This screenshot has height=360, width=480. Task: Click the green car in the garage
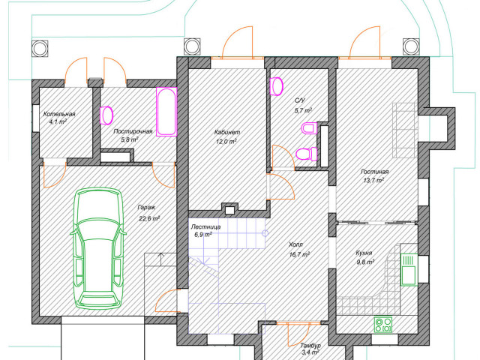(98, 248)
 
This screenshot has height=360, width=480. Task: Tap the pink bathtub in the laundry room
(166, 112)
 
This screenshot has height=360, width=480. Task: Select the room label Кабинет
(227, 132)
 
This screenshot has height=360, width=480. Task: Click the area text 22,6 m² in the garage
(149, 218)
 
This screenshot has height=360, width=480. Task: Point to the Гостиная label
(374, 172)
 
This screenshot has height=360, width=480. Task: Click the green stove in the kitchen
(383, 325)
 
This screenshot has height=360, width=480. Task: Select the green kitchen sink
(408, 269)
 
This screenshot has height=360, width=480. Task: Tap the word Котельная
(59, 114)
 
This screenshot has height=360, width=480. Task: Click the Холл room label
(296, 244)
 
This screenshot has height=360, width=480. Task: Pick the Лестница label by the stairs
(205, 226)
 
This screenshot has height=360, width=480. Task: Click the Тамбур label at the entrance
(310, 345)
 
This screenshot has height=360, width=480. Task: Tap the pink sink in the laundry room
(106, 115)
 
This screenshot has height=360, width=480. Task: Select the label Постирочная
(133, 131)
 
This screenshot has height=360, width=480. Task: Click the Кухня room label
(364, 253)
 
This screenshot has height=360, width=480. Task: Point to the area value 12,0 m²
(226, 142)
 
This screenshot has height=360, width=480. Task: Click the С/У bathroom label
(300, 100)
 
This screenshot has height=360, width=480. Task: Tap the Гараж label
(146, 207)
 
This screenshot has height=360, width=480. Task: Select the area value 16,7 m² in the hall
(299, 254)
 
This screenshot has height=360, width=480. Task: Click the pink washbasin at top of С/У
(276, 86)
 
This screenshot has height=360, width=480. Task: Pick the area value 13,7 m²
(373, 181)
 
